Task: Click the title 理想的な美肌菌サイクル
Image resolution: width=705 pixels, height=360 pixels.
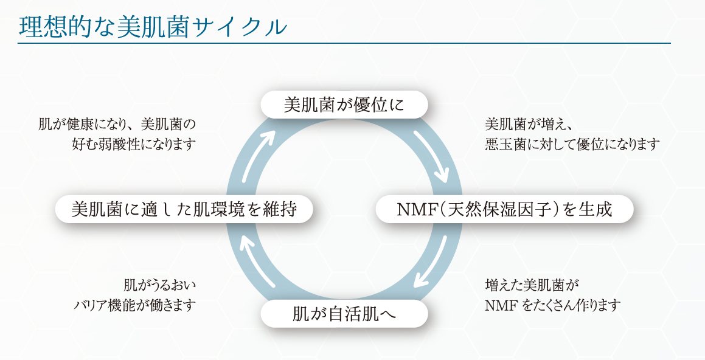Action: (153, 27)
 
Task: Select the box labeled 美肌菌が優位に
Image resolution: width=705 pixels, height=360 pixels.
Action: (344, 105)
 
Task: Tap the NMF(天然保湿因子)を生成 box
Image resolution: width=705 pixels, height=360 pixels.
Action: (504, 209)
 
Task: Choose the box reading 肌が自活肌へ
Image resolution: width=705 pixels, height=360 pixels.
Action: (344, 314)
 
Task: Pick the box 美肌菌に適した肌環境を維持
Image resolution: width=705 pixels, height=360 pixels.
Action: (184, 209)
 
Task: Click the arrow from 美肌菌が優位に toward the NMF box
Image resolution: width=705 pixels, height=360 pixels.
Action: (432, 156)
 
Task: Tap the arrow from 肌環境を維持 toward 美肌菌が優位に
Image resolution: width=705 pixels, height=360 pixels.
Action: (258, 156)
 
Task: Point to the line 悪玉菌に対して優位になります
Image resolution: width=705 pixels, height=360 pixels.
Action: (572, 144)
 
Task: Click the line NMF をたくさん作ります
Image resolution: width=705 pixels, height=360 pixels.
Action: (552, 305)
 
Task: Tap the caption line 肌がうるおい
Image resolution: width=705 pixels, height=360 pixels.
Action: (159, 285)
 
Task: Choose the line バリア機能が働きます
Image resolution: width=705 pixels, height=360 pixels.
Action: (135, 305)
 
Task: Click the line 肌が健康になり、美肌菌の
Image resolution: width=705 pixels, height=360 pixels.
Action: (117, 123)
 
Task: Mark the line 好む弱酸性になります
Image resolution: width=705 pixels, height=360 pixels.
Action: (134, 144)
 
